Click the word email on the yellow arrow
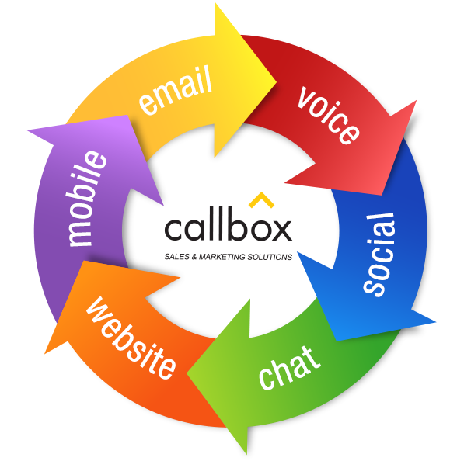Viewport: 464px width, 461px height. (x=176, y=90)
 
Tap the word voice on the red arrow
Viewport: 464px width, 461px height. (x=329, y=115)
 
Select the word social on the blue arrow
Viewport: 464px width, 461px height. (x=379, y=255)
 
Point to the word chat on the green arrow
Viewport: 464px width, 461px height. (x=289, y=368)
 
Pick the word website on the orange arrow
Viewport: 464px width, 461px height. (x=131, y=338)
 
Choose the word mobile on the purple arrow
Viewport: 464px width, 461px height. (x=85, y=199)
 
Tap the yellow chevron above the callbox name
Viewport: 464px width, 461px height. (x=261, y=199)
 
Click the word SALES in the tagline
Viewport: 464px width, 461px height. (x=177, y=257)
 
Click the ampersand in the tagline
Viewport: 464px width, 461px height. (x=194, y=257)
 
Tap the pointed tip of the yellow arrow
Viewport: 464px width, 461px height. (x=277, y=81)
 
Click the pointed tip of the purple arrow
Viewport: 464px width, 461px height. (x=28, y=130)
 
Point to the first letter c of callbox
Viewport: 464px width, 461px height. (x=173, y=230)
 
